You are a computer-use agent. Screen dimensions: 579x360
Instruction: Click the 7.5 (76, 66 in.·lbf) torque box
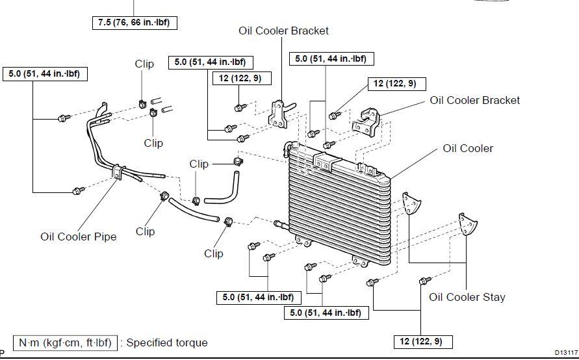point(135,23)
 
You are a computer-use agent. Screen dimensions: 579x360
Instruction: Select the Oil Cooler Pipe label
point(78,237)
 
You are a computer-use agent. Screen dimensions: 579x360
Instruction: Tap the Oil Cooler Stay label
point(467,297)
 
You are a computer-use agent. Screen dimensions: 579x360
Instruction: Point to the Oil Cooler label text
point(468,148)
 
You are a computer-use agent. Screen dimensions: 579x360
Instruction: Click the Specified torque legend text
point(167,342)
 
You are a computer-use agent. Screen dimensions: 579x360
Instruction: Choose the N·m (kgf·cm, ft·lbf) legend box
point(65,342)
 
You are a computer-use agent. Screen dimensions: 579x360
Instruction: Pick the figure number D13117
point(566,353)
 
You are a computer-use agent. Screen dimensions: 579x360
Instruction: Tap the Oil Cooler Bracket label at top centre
point(283,31)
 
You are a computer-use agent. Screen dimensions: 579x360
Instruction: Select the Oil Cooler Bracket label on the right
point(475,101)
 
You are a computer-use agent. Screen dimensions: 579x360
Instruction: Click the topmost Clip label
point(144,64)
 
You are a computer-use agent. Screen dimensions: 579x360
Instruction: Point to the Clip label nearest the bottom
point(213,253)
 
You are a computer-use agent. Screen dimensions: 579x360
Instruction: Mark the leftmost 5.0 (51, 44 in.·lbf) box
point(45,74)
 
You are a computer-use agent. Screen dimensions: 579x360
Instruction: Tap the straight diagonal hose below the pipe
point(194,211)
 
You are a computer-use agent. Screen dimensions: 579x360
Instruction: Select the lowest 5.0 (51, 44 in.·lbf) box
point(326,313)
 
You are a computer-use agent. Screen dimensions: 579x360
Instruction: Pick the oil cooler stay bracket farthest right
point(467,224)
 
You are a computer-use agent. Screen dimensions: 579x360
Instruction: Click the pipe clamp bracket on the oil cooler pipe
point(118,172)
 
